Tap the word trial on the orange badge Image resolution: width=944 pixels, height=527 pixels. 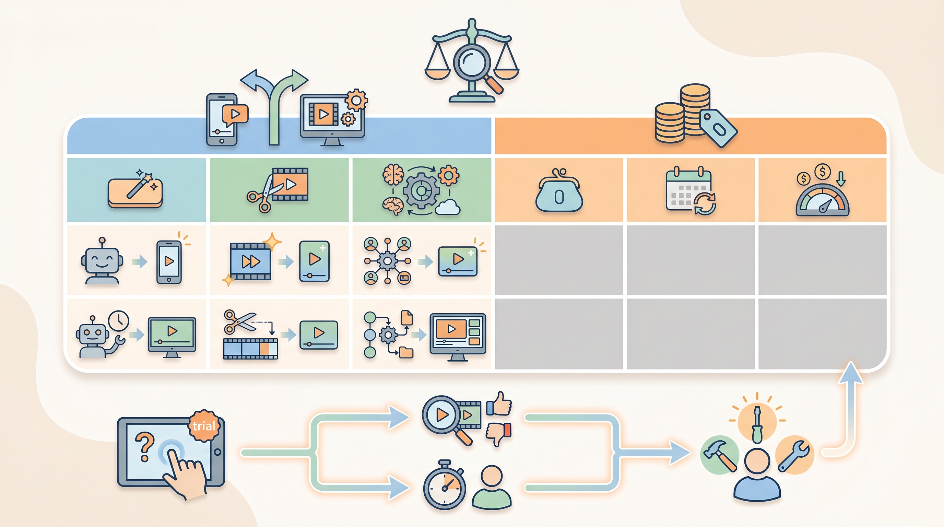click(204, 426)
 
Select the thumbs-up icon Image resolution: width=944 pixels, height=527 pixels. click(499, 404)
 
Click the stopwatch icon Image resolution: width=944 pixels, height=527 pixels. click(445, 485)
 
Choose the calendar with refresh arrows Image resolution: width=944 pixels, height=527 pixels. click(691, 191)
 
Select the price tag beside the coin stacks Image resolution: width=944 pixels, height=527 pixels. click(718, 129)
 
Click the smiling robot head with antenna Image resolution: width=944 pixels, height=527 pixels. click(102, 260)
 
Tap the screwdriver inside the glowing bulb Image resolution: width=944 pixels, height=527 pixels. click(757, 424)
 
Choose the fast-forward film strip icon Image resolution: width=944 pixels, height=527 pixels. click(250, 261)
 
